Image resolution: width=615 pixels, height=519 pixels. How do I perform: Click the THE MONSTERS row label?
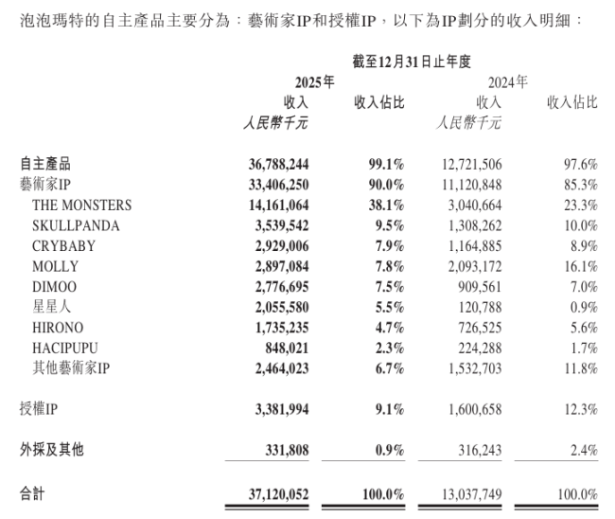[82, 205]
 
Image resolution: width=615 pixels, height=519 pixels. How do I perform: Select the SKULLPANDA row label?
[77, 225]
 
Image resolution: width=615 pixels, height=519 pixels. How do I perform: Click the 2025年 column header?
[316, 82]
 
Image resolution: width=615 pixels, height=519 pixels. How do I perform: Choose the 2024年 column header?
[509, 82]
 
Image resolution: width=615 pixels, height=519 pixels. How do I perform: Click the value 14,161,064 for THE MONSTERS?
[272, 205]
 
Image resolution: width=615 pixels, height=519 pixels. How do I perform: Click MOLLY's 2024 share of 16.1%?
[579, 267]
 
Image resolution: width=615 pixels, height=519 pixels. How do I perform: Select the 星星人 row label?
[54, 308]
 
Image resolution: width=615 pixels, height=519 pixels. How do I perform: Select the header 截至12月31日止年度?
[412, 62]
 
